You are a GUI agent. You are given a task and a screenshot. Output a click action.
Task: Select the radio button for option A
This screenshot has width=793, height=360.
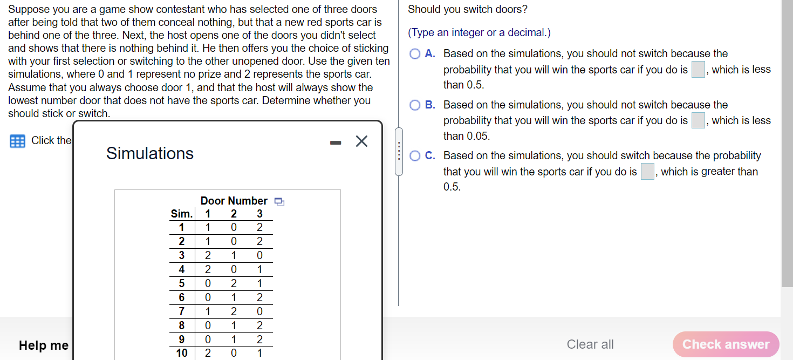[x=415, y=54]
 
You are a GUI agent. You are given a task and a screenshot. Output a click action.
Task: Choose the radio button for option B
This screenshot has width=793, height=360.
[x=415, y=105]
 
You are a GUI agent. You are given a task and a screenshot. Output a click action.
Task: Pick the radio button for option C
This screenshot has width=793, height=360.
[x=415, y=156]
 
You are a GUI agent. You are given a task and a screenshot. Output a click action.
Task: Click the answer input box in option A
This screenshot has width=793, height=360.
[x=698, y=70]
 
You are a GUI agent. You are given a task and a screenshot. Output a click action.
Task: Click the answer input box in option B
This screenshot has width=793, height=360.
[x=698, y=120]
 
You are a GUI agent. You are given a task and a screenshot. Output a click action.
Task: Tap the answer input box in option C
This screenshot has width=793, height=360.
[x=647, y=172]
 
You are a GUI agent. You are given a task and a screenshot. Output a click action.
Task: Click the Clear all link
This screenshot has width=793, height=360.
[x=590, y=344]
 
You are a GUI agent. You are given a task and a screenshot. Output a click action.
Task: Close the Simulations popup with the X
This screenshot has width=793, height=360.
[x=361, y=141]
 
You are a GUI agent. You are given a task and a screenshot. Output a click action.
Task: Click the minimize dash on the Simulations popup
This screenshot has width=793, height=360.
[x=336, y=143]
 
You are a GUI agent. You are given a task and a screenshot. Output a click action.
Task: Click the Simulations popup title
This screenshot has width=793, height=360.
[x=150, y=153]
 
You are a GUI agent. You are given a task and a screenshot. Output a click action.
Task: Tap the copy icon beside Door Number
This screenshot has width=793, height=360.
[x=279, y=201]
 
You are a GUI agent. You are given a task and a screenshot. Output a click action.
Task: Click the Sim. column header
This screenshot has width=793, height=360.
[x=181, y=214]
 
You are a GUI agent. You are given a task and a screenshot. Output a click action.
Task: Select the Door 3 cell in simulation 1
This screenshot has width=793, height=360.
[x=259, y=227]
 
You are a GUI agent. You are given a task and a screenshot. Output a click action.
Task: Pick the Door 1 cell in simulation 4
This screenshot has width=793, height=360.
[x=208, y=269]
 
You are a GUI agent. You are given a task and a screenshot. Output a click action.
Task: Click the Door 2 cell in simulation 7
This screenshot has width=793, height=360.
[x=234, y=311]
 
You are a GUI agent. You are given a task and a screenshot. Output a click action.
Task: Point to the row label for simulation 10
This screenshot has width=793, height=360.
[x=182, y=353]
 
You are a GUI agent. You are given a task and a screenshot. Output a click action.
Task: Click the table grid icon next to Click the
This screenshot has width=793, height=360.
[x=17, y=141]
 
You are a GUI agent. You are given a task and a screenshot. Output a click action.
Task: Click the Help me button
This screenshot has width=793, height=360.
[x=44, y=345]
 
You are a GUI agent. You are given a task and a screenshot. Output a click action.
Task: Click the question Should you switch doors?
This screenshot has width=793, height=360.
[x=468, y=10]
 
